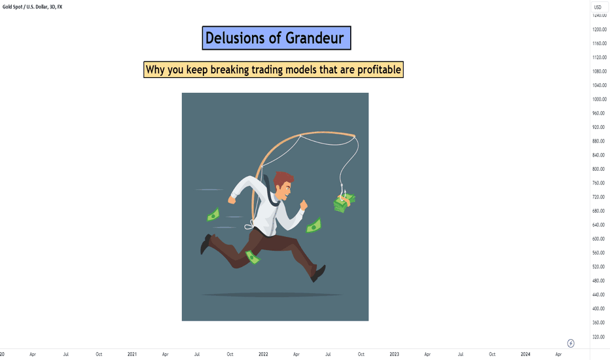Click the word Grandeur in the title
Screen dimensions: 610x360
[x=315, y=38]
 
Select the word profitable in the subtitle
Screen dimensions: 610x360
[x=380, y=70]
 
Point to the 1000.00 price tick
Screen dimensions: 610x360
[x=600, y=99]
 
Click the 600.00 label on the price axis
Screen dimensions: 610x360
[x=600, y=239]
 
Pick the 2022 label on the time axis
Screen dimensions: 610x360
[x=263, y=354]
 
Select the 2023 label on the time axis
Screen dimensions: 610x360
[x=394, y=354]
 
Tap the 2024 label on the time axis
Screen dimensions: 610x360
[x=525, y=354]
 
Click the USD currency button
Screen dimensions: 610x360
[x=598, y=7]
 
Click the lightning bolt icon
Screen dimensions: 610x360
[x=571, y=343]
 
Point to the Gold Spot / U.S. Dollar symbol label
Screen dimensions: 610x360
[x=32, y=7]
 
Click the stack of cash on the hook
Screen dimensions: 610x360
[x=344, y=203]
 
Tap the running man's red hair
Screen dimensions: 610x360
[x=283, y=179]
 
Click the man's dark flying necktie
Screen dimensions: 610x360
[x=270, y=192]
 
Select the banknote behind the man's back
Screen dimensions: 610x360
[x=213, y=215]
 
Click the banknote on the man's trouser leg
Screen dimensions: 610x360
[x=253, y=257]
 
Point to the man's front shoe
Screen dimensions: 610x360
[x=318, y=273]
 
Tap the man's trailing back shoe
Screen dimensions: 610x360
[x=206, y=244]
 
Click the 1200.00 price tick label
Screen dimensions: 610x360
[x=600, y=29]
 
